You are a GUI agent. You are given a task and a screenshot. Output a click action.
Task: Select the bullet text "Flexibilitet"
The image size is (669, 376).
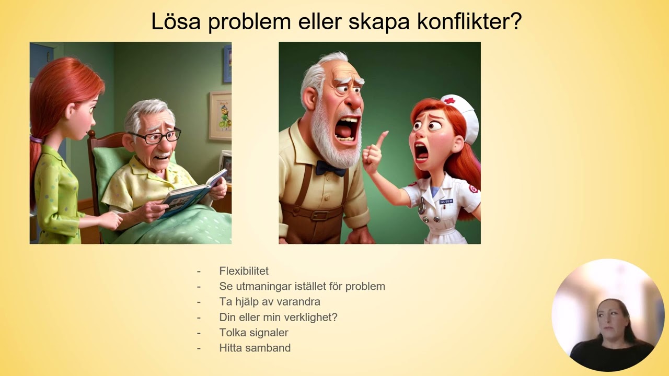244,271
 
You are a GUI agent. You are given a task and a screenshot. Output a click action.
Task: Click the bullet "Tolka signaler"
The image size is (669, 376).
253,333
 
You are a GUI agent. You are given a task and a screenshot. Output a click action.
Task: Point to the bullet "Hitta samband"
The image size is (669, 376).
255,348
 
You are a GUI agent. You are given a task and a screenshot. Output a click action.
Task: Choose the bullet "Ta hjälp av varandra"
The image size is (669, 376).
270,302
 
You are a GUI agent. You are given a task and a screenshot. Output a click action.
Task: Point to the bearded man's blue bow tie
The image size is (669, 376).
331,168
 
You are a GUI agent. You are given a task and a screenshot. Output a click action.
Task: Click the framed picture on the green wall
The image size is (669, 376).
220,116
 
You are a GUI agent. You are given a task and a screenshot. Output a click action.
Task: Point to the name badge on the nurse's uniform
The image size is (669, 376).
446,201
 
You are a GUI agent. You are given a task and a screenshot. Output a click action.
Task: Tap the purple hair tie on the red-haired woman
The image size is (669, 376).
36,139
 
